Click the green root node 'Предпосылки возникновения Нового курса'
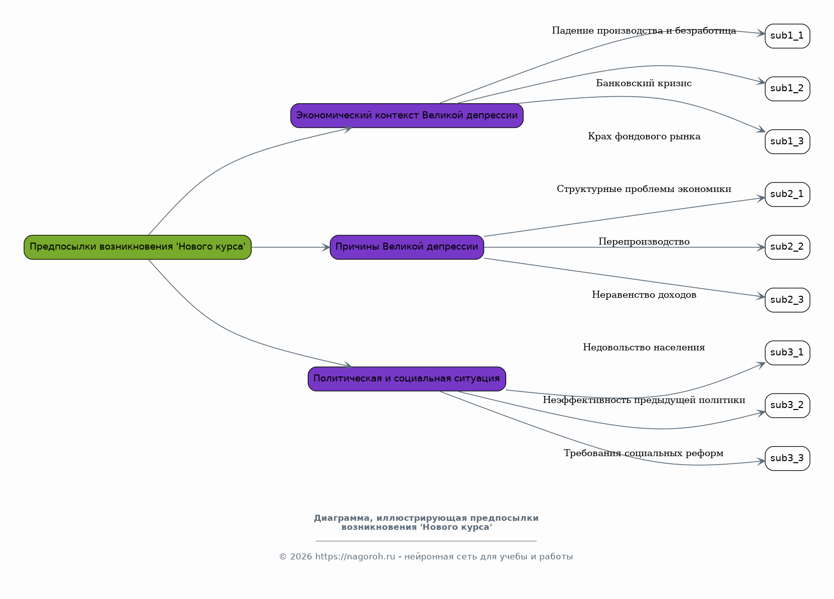(x=137, y=247)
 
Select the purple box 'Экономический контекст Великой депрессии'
(x=406, y=116)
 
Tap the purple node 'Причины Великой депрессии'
(x=406, y=247)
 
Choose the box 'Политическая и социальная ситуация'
(x=406, y=379)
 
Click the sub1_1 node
(x=787, y=36)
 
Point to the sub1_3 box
(x=787, y=142)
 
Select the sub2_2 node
(x=787, y=247)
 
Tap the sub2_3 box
(x=787, y=300)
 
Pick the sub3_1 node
(x=787, y=353)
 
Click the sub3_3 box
(x=787, y=459)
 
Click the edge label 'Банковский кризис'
(x=644, y=83)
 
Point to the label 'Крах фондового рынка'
(x=644, y=137)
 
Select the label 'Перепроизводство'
(x=644, y=242)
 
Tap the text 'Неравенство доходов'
(x=644, y=295)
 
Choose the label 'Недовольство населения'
(x=644, y=347)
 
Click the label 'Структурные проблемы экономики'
(x=644, y=189)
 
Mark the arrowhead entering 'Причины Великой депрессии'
(x=326, y=247)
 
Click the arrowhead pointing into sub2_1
(x=761, y=198)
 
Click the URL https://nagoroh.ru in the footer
(x=355, y=556)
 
